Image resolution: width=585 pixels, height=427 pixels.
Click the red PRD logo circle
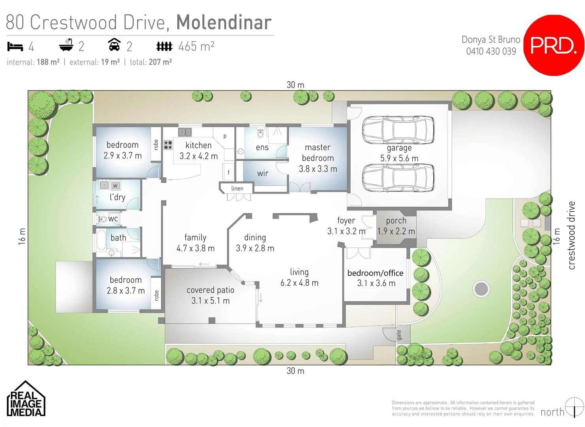click(554, 45)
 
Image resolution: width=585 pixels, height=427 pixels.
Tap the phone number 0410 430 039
click(491, 51)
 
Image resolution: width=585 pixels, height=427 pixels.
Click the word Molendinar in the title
click(224, 23)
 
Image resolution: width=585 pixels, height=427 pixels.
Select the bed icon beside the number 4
click(15, 47)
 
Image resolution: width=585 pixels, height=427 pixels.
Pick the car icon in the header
click(114, 45)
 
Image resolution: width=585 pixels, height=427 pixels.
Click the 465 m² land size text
click(196, 47)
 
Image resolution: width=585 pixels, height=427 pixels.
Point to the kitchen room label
click(198, 145)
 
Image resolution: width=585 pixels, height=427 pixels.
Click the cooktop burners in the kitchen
click(168, 145)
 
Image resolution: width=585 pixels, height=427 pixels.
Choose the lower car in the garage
click(398, 178)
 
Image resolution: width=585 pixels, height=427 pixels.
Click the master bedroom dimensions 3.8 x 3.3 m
click(318, 169)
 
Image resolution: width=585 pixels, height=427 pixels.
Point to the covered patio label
click(210, 290)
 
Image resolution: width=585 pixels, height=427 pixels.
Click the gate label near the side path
click(399, 335)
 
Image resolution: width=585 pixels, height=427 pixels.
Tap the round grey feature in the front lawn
click(481, 289)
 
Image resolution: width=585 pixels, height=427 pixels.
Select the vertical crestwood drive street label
click(571, 235)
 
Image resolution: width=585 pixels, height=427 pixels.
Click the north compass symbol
click(574, 407)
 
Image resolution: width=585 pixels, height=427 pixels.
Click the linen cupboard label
click(237, 189)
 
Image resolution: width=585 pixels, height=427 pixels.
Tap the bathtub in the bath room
click(101, 240)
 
